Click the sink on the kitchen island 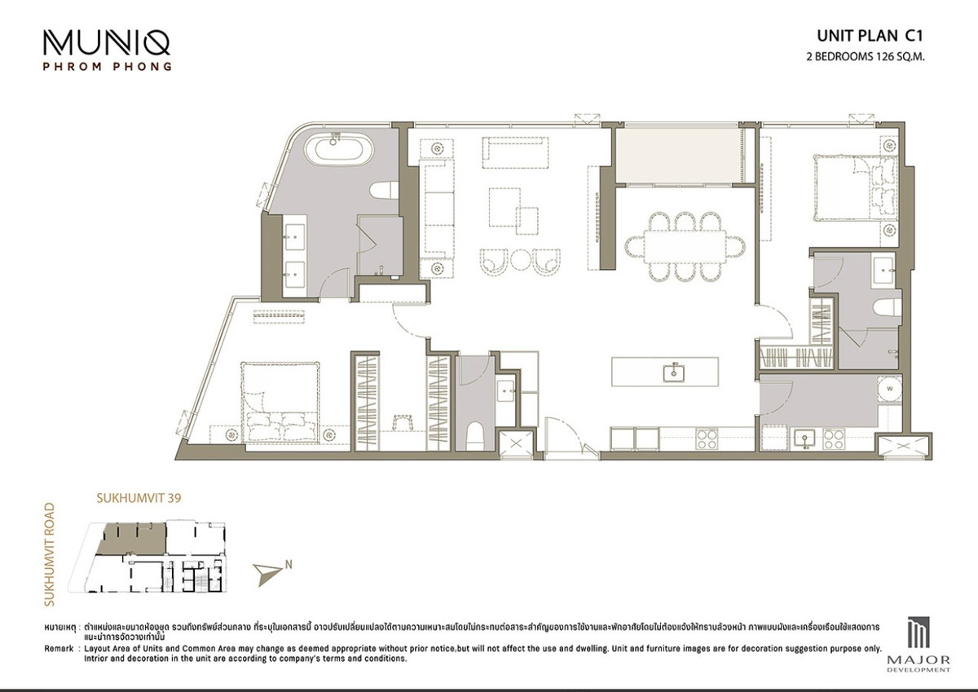[673, 372]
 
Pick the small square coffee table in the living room [527, 218]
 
